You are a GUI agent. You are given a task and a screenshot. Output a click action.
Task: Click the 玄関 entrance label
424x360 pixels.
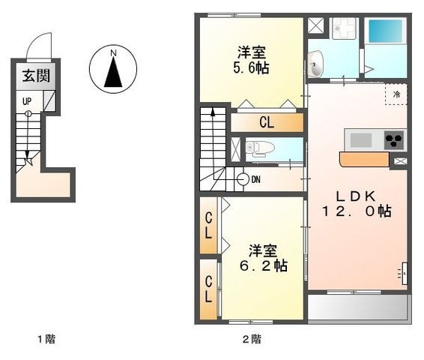click(36, 76)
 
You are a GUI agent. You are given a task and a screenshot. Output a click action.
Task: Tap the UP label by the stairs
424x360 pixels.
click(27, 101)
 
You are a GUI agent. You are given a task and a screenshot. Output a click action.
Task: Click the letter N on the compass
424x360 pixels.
click(113, 53)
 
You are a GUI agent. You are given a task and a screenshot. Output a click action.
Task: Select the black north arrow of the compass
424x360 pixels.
click(113, 72)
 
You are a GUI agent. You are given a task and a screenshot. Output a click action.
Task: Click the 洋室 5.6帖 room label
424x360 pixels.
click(251, 60)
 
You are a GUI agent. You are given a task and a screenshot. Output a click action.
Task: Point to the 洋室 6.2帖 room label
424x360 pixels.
click(264, 258)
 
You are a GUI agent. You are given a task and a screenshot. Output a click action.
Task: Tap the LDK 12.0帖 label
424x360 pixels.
click(357, 203)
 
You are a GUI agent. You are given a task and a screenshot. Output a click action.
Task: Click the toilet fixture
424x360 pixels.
click(260, 148)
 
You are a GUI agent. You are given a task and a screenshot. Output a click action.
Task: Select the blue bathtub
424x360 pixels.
click(385, 31)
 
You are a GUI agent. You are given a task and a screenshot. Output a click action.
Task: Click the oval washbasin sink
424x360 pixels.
click(315, 64)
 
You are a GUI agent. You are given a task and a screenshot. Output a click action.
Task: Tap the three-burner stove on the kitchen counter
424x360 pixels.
click(394, 139)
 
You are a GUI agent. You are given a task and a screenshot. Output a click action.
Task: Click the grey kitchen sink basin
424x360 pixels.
click(361, 140)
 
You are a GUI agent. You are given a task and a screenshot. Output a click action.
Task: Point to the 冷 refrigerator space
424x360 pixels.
click(396, 94)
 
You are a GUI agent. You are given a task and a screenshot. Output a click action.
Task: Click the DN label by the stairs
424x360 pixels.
click(255, 179)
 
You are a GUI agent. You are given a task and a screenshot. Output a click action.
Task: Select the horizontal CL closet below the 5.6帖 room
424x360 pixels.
click(267, 122)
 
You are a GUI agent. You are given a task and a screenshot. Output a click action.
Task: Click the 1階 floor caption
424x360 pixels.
click(46, 339)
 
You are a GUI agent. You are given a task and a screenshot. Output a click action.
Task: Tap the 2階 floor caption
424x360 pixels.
click(252, 339)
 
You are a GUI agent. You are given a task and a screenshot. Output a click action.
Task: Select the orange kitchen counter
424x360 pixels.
click(364, 159)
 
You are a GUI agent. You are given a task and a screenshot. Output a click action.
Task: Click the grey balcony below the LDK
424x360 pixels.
click(357, 307)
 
